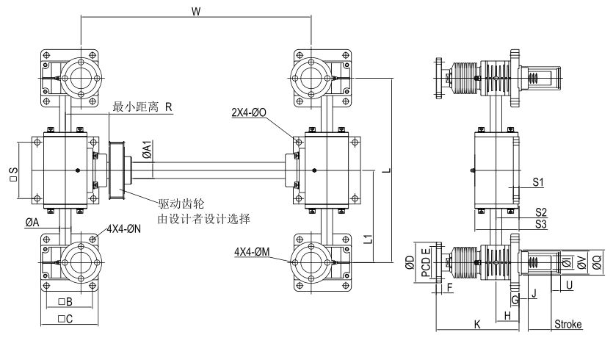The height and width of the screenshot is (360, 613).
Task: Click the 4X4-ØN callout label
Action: click(126, 228)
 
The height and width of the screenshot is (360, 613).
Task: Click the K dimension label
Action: click(477, 323)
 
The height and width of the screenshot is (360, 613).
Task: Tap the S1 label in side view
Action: click(539, 181)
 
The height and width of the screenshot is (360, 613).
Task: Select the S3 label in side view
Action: click(541, 223)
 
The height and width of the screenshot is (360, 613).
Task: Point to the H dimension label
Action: click(507, 315)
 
